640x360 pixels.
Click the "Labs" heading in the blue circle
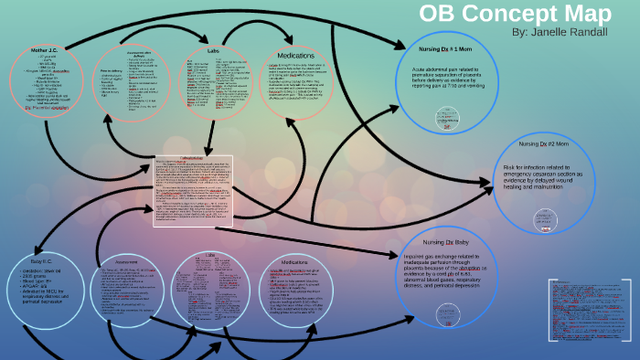(208, 255)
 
